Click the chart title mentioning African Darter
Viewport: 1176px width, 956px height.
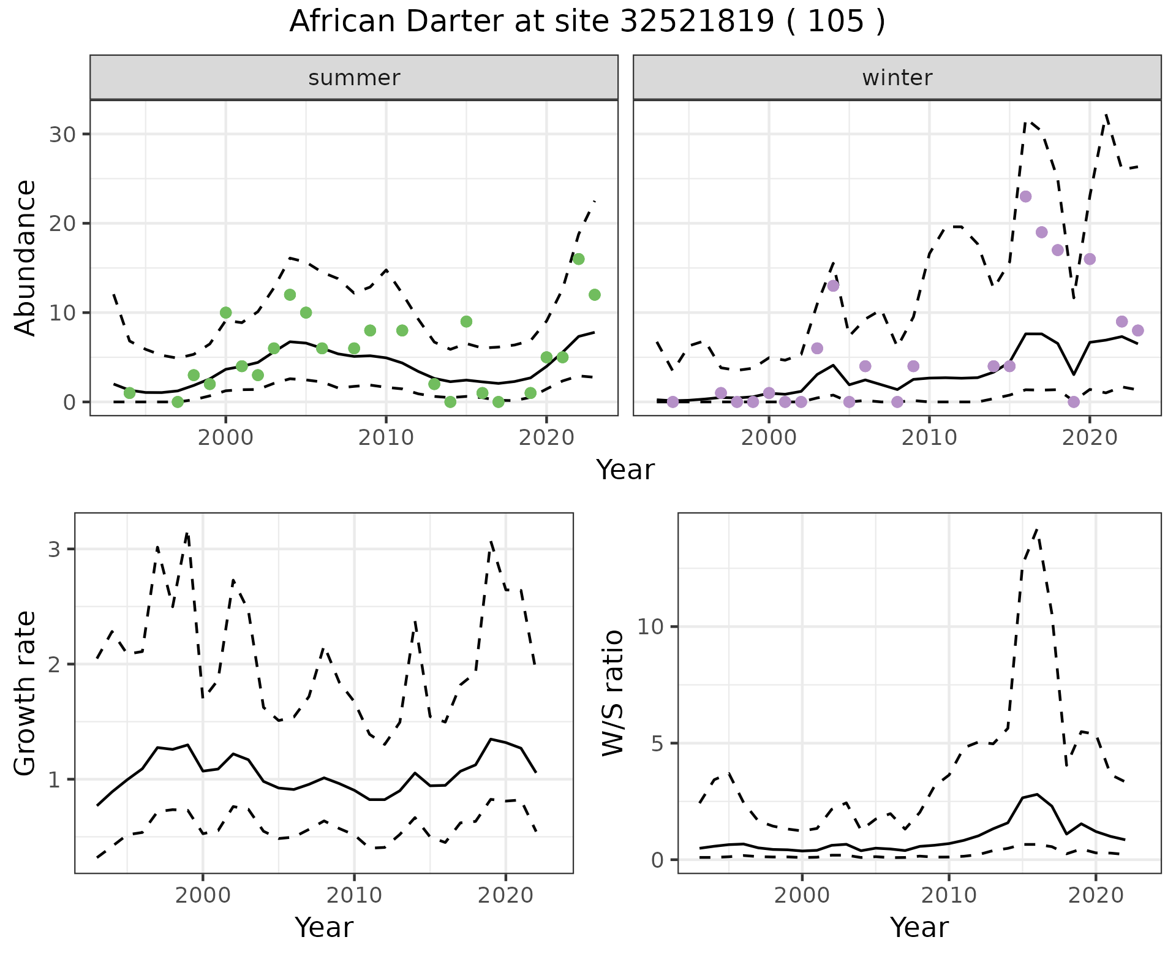[587, 22]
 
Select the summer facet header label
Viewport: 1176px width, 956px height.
[354, 78]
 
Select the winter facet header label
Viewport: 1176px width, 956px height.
[897, 78]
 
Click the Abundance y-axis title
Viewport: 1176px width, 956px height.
[25, 257]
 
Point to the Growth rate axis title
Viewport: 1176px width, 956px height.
[25, 693]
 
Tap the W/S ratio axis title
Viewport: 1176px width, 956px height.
[612, 693]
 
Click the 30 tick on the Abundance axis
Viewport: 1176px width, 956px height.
[62, 134]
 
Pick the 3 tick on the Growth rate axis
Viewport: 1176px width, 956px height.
[54, 549]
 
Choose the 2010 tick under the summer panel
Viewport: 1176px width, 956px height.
[386, 438]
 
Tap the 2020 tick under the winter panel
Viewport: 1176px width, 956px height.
[1090, 438]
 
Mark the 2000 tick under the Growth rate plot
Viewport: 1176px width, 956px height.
[203, 895]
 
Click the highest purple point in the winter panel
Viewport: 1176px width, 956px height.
[1025, 197]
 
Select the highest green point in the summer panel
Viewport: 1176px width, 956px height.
[578, 259]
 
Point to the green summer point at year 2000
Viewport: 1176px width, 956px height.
[225, 313]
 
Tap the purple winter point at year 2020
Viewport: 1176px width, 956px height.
[1090, 259]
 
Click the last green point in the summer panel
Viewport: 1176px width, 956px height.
[594, 295]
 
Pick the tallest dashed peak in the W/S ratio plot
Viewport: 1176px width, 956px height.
[1036, 529]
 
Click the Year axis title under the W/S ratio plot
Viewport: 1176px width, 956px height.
[919, 927]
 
